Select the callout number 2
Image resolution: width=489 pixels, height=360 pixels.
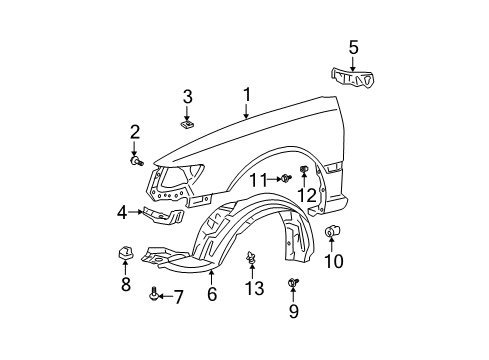point(134,132)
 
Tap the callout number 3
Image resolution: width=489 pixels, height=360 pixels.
point(187,96)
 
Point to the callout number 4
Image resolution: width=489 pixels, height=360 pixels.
point(122,213)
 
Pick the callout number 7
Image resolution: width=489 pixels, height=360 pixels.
point(179,296)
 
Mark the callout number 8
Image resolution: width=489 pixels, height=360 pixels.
point(126,284)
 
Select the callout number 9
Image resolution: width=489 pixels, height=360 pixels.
point(293,312)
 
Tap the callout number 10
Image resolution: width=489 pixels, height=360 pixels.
point(334,263)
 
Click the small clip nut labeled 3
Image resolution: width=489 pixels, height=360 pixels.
point(187,125)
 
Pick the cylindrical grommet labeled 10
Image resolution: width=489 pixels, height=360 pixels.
point(334,233)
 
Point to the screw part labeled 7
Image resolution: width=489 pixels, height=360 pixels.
point(153,295)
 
